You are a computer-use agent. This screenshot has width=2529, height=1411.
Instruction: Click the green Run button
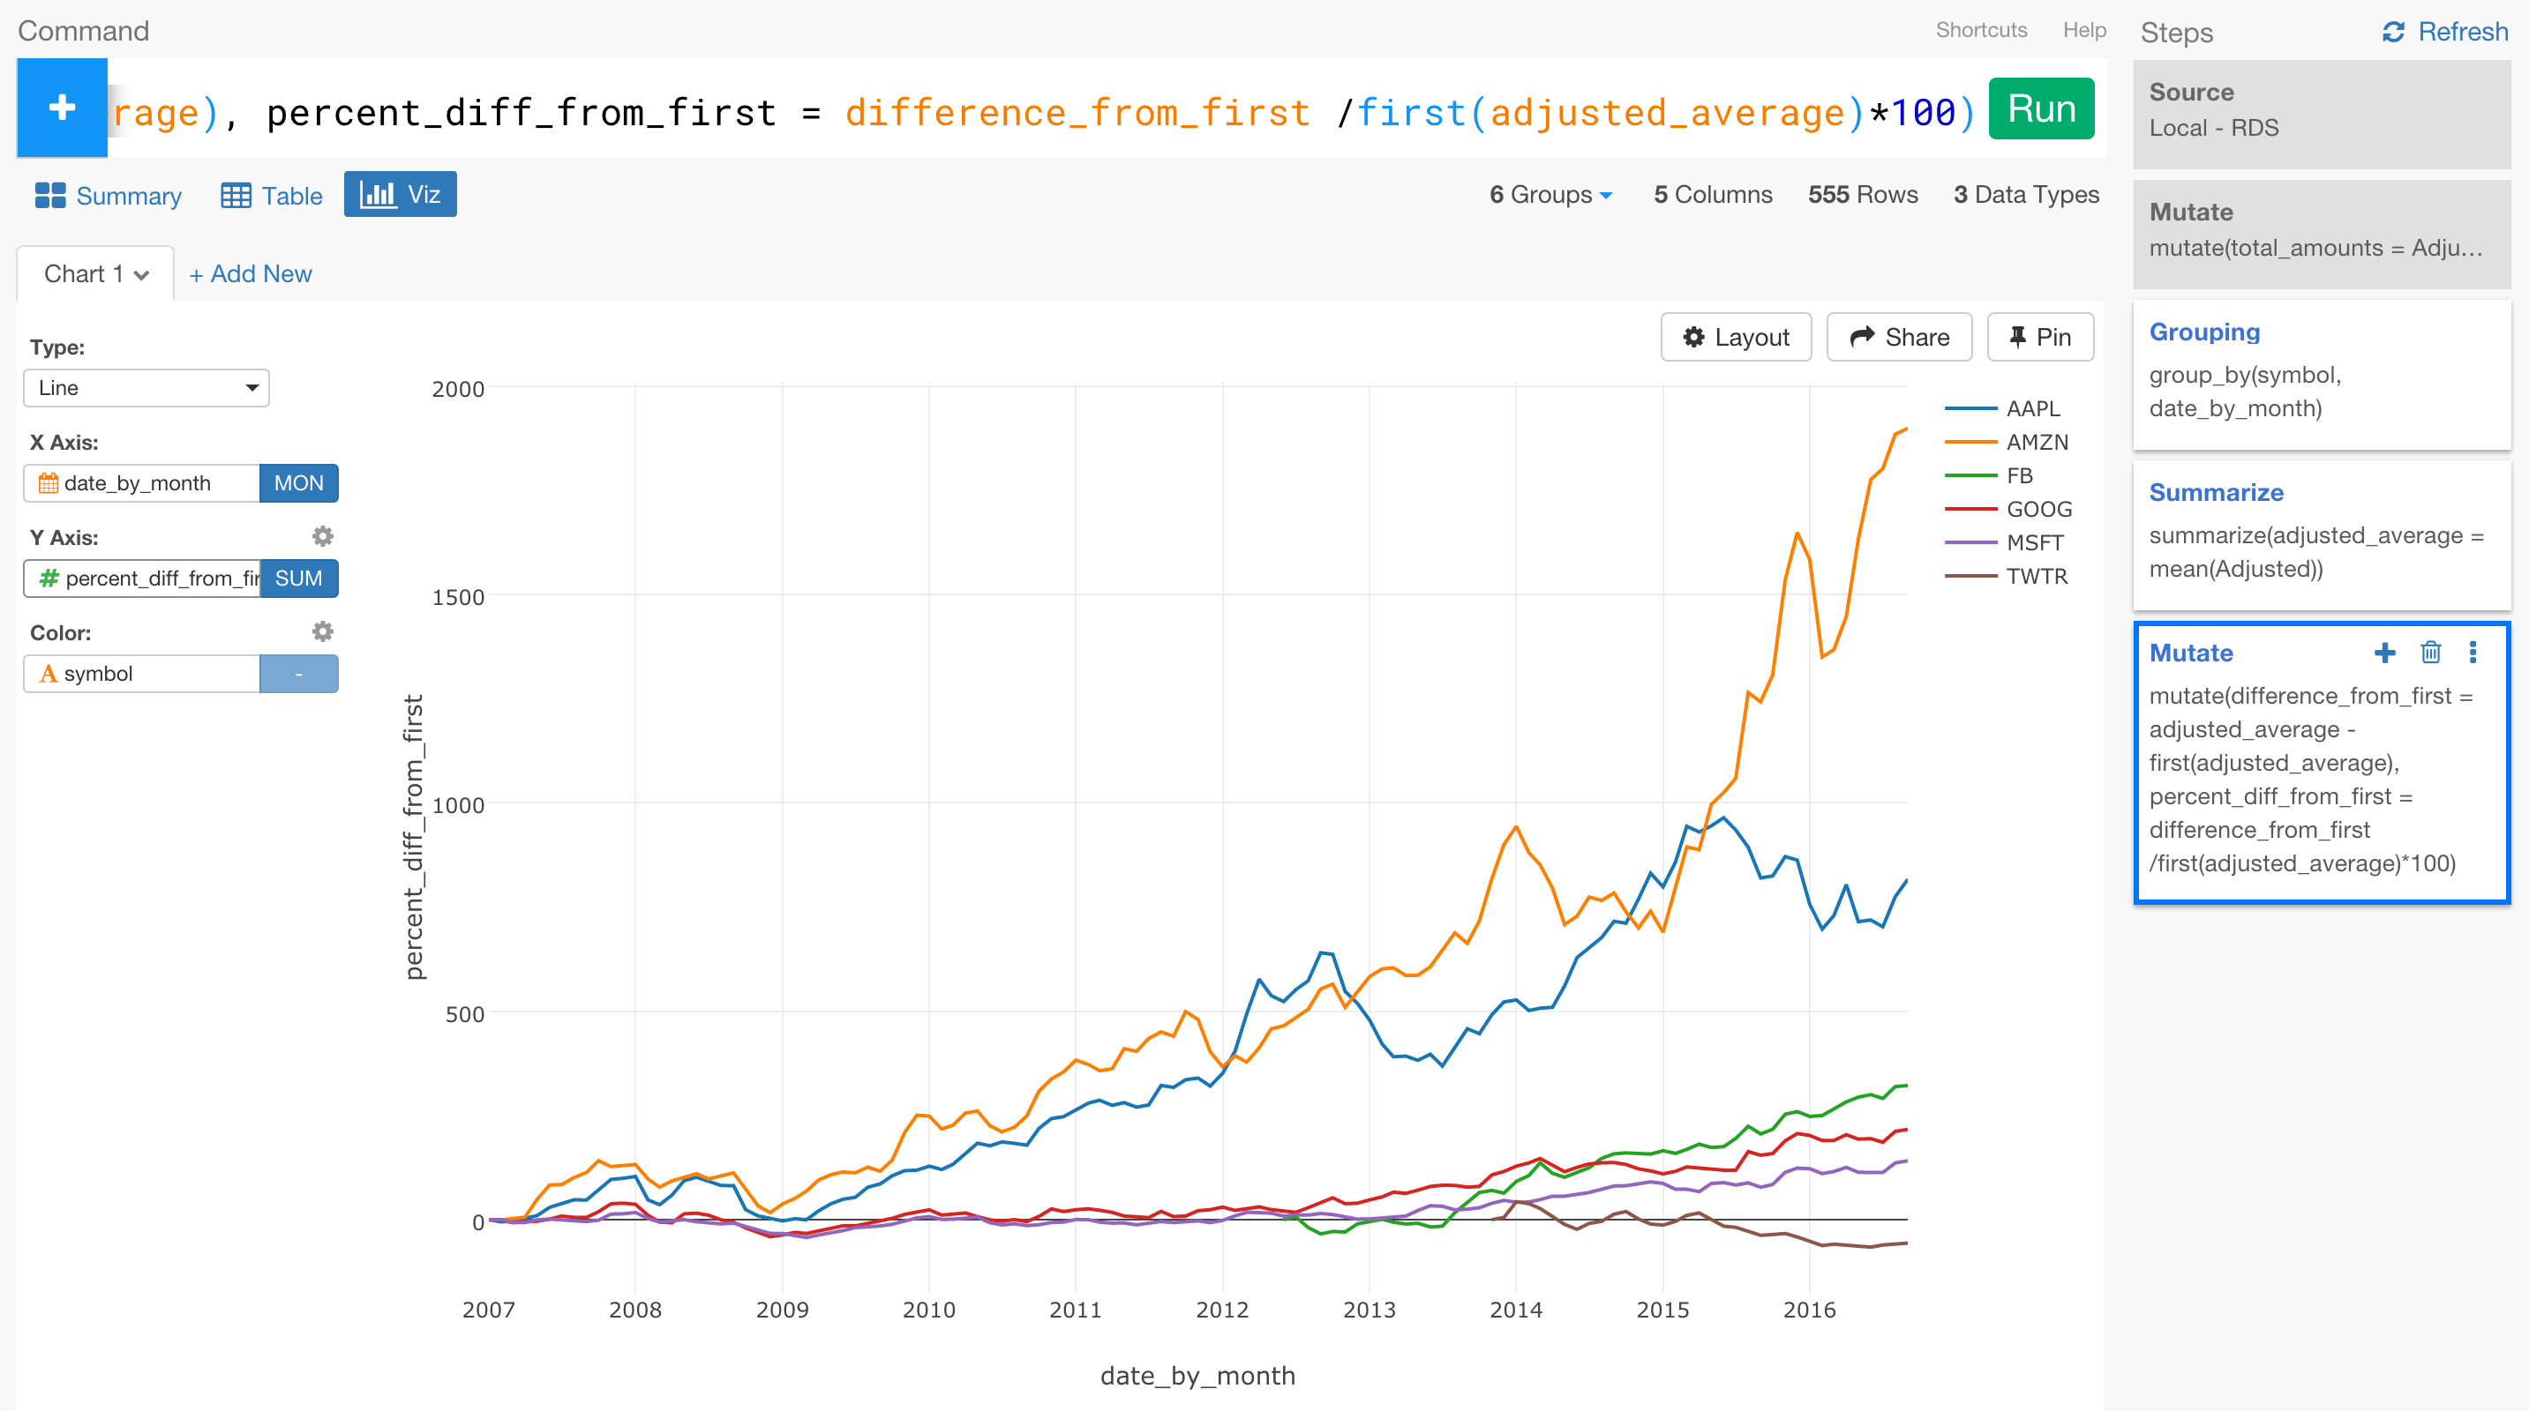[2040, 109]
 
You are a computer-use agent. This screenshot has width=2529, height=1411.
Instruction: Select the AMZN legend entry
[2035, 442]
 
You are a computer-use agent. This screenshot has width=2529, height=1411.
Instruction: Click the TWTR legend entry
[2035, 576]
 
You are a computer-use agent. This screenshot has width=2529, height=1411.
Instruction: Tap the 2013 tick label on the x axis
[1369, 1309]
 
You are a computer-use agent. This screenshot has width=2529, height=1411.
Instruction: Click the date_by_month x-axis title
[1197, 1375]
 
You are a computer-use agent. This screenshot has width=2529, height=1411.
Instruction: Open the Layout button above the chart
[1735, 338]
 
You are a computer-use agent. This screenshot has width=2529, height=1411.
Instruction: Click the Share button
[1899, 338]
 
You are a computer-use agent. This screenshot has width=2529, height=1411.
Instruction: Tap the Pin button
[2039, 338]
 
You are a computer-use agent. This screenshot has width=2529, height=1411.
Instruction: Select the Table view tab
[272, 195]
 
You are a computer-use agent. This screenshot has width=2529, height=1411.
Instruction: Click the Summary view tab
[109, 195]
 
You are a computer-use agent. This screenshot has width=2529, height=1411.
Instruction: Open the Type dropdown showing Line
[146, 387]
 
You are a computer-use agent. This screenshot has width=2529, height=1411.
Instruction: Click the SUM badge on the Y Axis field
[298, 578]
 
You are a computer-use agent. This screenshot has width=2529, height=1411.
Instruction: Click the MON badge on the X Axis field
[298, 482]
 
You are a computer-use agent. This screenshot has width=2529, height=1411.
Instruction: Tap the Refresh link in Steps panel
[2444, 32]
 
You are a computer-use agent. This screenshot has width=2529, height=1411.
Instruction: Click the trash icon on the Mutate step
[2430, 652]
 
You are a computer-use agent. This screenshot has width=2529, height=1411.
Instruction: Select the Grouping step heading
[2204, 332]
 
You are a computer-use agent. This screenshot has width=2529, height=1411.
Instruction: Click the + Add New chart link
[251, 273]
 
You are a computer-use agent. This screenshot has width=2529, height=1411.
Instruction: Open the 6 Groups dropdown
[1550, 194]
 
